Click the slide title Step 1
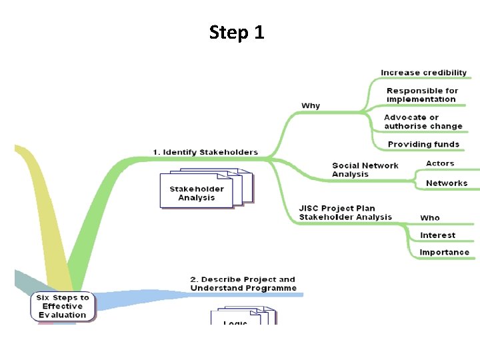click(237, 32)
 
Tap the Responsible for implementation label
click(422, 95)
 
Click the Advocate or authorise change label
click(423, 122)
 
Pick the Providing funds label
click(423, 144)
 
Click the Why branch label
click(311, 105)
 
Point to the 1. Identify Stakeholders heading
click(205, 152)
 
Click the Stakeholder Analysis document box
click(197, 193)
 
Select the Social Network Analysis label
click(365, 170)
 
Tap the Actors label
click(439, 163)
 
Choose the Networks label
click(446, 183)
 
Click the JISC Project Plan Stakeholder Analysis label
click(345, 213)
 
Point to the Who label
click(429, 218)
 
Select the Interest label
click(437, 235)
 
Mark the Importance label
click(444, 253)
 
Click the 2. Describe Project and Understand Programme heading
click(243, 283)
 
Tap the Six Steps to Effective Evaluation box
click(63, 306)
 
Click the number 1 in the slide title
click(259, 32)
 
